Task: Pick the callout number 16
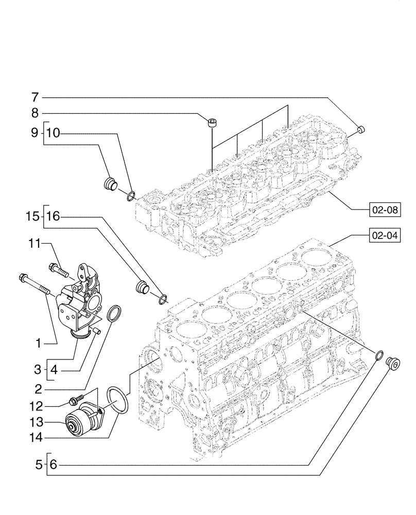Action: click(53, 217)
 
